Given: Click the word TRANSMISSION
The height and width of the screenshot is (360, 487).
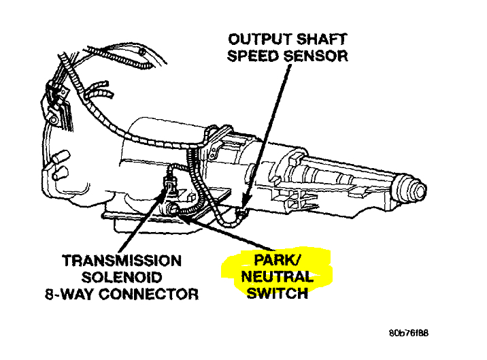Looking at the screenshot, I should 122,261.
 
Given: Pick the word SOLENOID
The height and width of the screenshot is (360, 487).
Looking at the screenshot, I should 122,278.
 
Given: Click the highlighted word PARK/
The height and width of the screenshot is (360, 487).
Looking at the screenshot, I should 276,260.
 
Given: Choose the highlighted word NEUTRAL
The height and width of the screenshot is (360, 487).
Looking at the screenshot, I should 277,277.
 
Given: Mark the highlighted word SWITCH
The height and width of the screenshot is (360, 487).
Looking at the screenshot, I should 277,294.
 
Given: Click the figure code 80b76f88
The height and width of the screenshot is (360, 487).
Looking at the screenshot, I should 409,334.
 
